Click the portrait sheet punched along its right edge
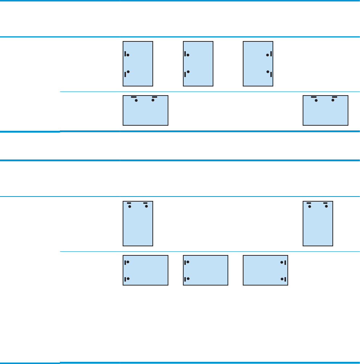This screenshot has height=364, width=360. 258,64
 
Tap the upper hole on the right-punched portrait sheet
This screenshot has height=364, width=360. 267,55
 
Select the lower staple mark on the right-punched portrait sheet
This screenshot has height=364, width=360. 271,74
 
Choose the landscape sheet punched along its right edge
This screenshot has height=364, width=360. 265,270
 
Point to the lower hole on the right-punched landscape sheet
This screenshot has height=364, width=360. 282,279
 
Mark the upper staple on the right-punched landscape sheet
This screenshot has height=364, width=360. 285,262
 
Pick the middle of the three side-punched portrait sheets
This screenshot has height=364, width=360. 198,64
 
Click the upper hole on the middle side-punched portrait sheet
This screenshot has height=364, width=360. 188,55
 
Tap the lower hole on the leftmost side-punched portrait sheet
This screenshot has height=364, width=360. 128,72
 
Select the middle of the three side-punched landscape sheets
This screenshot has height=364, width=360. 205,270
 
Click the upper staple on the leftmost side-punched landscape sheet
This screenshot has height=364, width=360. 125,262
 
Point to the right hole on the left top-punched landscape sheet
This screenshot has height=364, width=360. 153,100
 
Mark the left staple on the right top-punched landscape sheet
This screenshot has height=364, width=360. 314,97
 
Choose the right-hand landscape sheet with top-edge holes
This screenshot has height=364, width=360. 326,110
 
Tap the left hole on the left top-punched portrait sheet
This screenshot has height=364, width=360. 130,206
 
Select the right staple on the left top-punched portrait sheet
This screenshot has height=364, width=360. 146,203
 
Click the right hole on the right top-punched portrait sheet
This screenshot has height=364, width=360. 326,206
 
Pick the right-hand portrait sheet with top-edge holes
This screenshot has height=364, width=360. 318,223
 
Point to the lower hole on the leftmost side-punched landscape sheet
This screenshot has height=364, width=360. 128,279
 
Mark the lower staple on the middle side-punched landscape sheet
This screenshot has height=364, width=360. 185,279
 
